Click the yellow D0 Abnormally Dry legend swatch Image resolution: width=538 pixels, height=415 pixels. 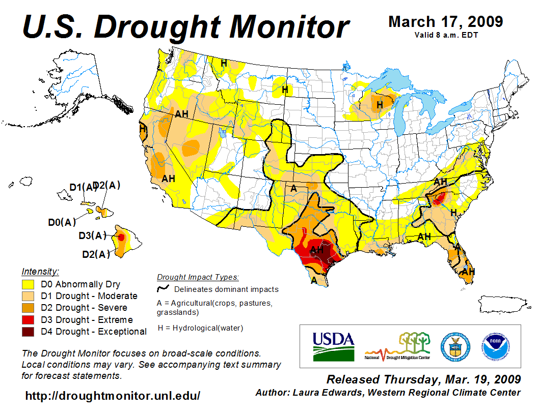(28, 284)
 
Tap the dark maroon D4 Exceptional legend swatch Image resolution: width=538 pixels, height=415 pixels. (28, 332)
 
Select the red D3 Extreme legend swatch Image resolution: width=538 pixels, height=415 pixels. (28, 320)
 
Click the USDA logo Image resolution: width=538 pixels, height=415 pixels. (333, 346)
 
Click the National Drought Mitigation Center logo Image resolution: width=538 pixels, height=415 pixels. (397, 346)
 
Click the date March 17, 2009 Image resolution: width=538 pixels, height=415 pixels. (446, 22)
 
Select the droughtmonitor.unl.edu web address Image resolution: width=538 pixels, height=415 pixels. (113, 396)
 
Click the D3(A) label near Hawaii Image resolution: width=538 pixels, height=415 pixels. (92, 235)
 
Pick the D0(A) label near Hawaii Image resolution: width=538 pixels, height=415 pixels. (62, 222)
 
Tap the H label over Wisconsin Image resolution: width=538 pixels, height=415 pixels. (380, 105)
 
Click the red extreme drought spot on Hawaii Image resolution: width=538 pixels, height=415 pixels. (121, 237)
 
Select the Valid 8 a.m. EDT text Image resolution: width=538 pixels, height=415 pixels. (446, 35)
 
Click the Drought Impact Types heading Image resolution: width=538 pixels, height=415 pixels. (198, 277)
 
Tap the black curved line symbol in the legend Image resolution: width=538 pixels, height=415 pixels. (163, 289)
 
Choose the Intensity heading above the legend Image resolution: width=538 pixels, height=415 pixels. (40, 272)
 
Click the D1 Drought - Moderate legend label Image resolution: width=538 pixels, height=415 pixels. (96, 296)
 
